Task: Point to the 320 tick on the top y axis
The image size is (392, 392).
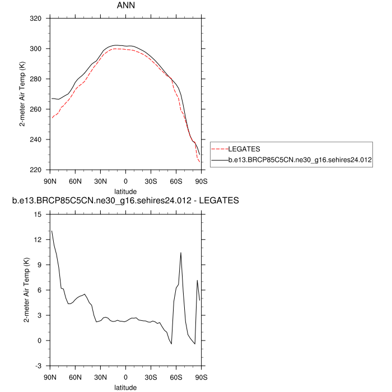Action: [x=35, y=18]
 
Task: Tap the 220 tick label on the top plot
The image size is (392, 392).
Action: [x=35, y=170]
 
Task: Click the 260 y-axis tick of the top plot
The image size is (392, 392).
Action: [x=35, y=109]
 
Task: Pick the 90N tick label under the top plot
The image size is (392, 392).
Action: [x=50, y=181]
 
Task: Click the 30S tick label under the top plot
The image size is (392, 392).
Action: [x=151, y=181]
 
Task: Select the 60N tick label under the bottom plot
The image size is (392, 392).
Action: [x=76, y=377]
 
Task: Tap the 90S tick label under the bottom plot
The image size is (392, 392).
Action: [x=201, y=377]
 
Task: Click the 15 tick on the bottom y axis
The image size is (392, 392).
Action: [x=38, y=214]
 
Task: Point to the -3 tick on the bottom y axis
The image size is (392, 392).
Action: [x=38, y=366]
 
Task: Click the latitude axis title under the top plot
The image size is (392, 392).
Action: [x=125, y=191]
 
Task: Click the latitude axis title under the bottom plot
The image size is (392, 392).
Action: [x=125, y=387]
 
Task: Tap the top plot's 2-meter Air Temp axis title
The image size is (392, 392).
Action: [x=23, y=94]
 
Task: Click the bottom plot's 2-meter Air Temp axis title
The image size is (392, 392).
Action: [x=26, y=290]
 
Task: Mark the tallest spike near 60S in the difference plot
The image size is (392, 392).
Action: [x=180, y=253]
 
